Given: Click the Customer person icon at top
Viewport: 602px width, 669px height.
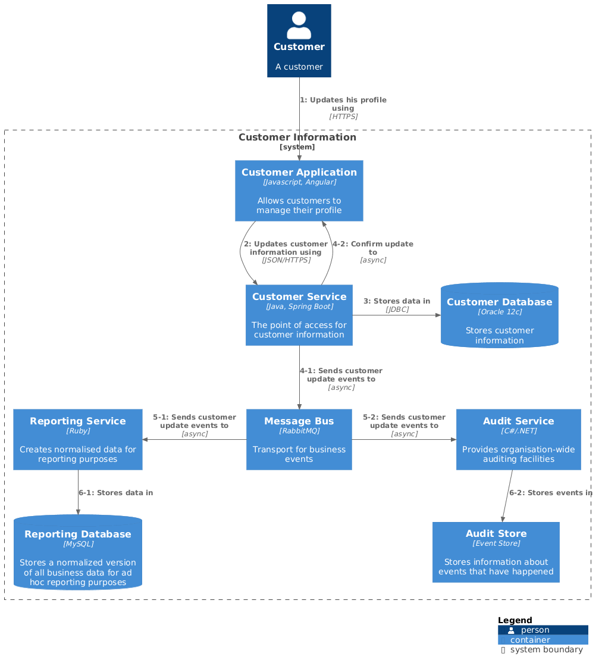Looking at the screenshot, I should [299, 26].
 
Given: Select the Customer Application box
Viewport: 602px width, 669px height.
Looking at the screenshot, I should [299, 190].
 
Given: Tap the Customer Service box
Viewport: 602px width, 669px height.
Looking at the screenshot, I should [299, 315].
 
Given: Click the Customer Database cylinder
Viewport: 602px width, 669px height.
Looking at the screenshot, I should [499, 316].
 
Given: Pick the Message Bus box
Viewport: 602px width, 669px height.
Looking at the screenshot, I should [299, 439].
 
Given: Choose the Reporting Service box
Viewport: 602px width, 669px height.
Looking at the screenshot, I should [77, 439].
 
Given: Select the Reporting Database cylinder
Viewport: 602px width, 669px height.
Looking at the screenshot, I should [77, 552].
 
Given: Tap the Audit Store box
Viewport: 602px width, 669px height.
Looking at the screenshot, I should [496, 552].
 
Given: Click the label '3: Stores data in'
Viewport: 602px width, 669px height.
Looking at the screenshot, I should [397, 301].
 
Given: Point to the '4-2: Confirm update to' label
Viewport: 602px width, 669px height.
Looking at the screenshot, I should [373, 248].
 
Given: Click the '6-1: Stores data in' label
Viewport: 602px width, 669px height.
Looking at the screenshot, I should [115, 493].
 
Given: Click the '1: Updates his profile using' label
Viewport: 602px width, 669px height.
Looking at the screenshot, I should [343, 104].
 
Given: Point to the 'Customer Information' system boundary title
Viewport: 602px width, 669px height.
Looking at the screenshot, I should [297, 137].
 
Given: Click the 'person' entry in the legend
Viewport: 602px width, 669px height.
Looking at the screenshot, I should [535, 630].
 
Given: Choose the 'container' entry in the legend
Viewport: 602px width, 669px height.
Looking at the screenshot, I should [530, 640].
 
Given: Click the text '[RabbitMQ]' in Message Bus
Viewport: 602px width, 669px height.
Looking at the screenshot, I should [299, 431].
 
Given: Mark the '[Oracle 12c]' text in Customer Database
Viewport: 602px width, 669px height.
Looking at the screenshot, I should [499, 312].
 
